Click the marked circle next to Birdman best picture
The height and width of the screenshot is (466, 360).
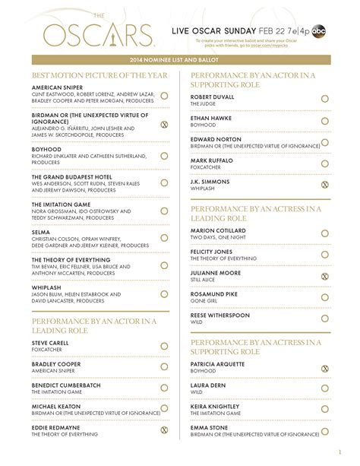163,123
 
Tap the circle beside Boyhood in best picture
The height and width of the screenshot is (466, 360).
163,155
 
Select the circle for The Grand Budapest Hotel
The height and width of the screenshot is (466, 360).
163,182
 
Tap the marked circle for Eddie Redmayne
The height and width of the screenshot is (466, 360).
163,430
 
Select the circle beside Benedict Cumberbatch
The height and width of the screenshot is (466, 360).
163,387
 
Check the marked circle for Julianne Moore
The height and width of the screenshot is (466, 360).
324,276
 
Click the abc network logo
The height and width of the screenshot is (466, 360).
321,28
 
